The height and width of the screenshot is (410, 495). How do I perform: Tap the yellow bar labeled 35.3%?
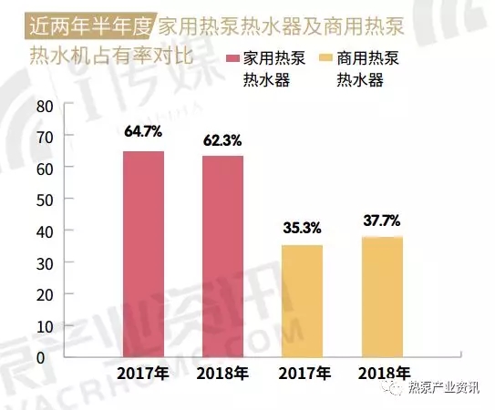pyautogui.click(x=303, y=300)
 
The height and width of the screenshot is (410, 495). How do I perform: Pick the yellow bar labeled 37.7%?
pyautogui.click(x=381, y=296)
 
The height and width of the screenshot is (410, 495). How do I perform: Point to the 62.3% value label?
pyautogui.click(x=223, y=141)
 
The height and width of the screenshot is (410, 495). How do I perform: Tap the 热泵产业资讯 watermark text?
pyautogui.click(x=446, y=390)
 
